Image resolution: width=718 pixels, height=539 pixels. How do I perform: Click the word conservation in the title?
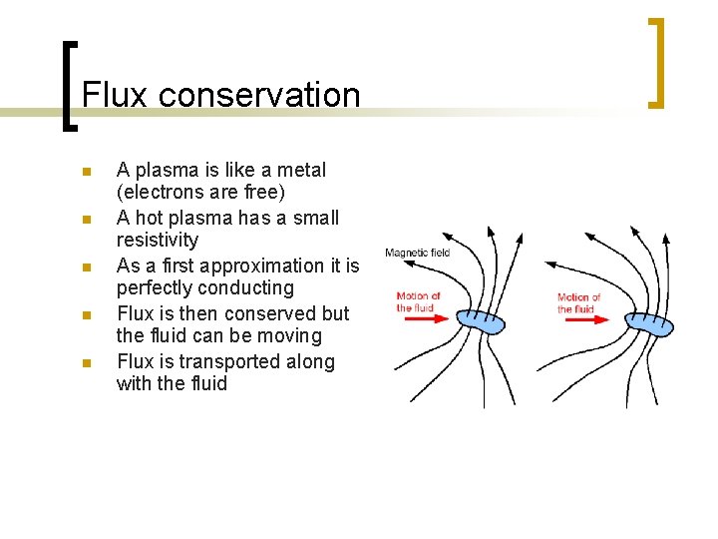(259, 95)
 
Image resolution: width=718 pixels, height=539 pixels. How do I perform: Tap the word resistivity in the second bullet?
(158, 240)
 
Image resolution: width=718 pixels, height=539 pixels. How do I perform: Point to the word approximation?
(275, 266)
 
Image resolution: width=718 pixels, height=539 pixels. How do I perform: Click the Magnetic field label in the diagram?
(417, 253)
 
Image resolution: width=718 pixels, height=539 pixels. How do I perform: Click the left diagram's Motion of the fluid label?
(419, 302)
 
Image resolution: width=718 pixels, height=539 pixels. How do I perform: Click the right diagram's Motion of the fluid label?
(578, 302)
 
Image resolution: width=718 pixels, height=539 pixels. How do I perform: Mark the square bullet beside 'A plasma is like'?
(87, 172)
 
